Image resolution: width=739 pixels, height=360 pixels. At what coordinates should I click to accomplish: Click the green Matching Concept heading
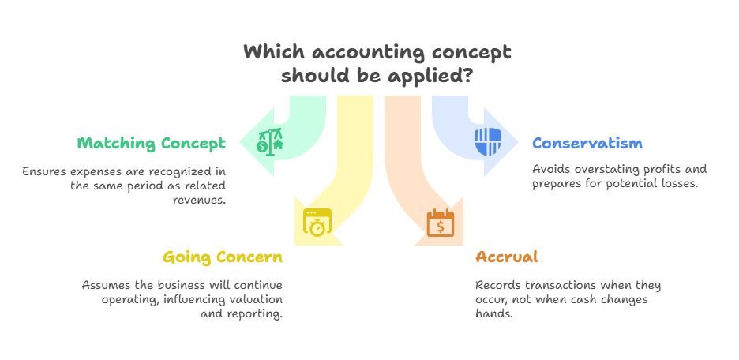click(152, 143)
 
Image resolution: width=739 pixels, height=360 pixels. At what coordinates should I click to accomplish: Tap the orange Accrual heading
click(507, 257)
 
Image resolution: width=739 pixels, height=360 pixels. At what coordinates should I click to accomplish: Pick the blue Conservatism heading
click(587, 143)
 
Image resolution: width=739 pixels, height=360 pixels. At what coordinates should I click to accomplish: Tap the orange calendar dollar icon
click(440, 224)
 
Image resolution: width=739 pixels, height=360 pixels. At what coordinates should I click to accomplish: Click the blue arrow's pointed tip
click(519, 144)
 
